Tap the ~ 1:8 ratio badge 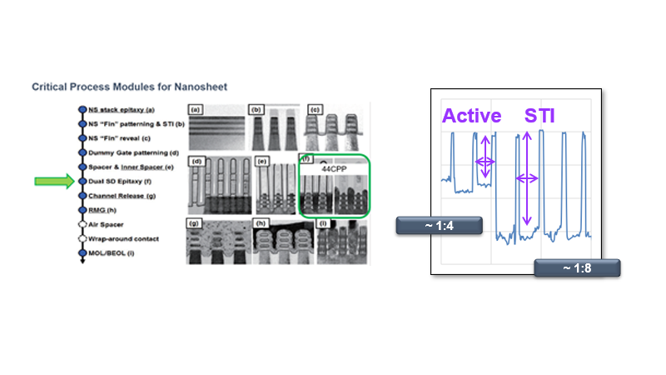click(x=577, y=267)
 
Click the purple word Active click(x=472, y=115)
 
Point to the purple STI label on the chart click(x=539, y=115)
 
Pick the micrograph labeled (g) click(x=215, y=242)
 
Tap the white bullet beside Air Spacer click(x=82, y=225)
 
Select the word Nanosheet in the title click(x=199, y=86)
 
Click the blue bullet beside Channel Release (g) click(x=82, y=196)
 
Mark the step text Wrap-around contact click(x=125, y=239)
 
